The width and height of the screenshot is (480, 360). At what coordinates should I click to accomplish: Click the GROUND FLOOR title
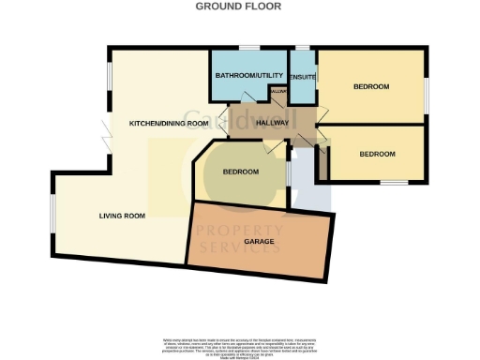coord(240,6)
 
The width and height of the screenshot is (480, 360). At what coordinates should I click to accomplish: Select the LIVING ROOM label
coord(123,216)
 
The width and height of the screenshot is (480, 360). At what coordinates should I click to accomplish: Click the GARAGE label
coord(260,242)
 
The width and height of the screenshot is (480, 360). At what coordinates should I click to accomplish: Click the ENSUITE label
coord(303,76)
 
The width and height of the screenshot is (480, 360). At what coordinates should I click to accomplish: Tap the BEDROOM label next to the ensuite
coord(371,86)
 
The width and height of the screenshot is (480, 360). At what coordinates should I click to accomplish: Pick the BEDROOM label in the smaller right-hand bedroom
coord(377,154)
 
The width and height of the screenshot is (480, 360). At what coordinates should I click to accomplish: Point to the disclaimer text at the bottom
coord(240,344)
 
